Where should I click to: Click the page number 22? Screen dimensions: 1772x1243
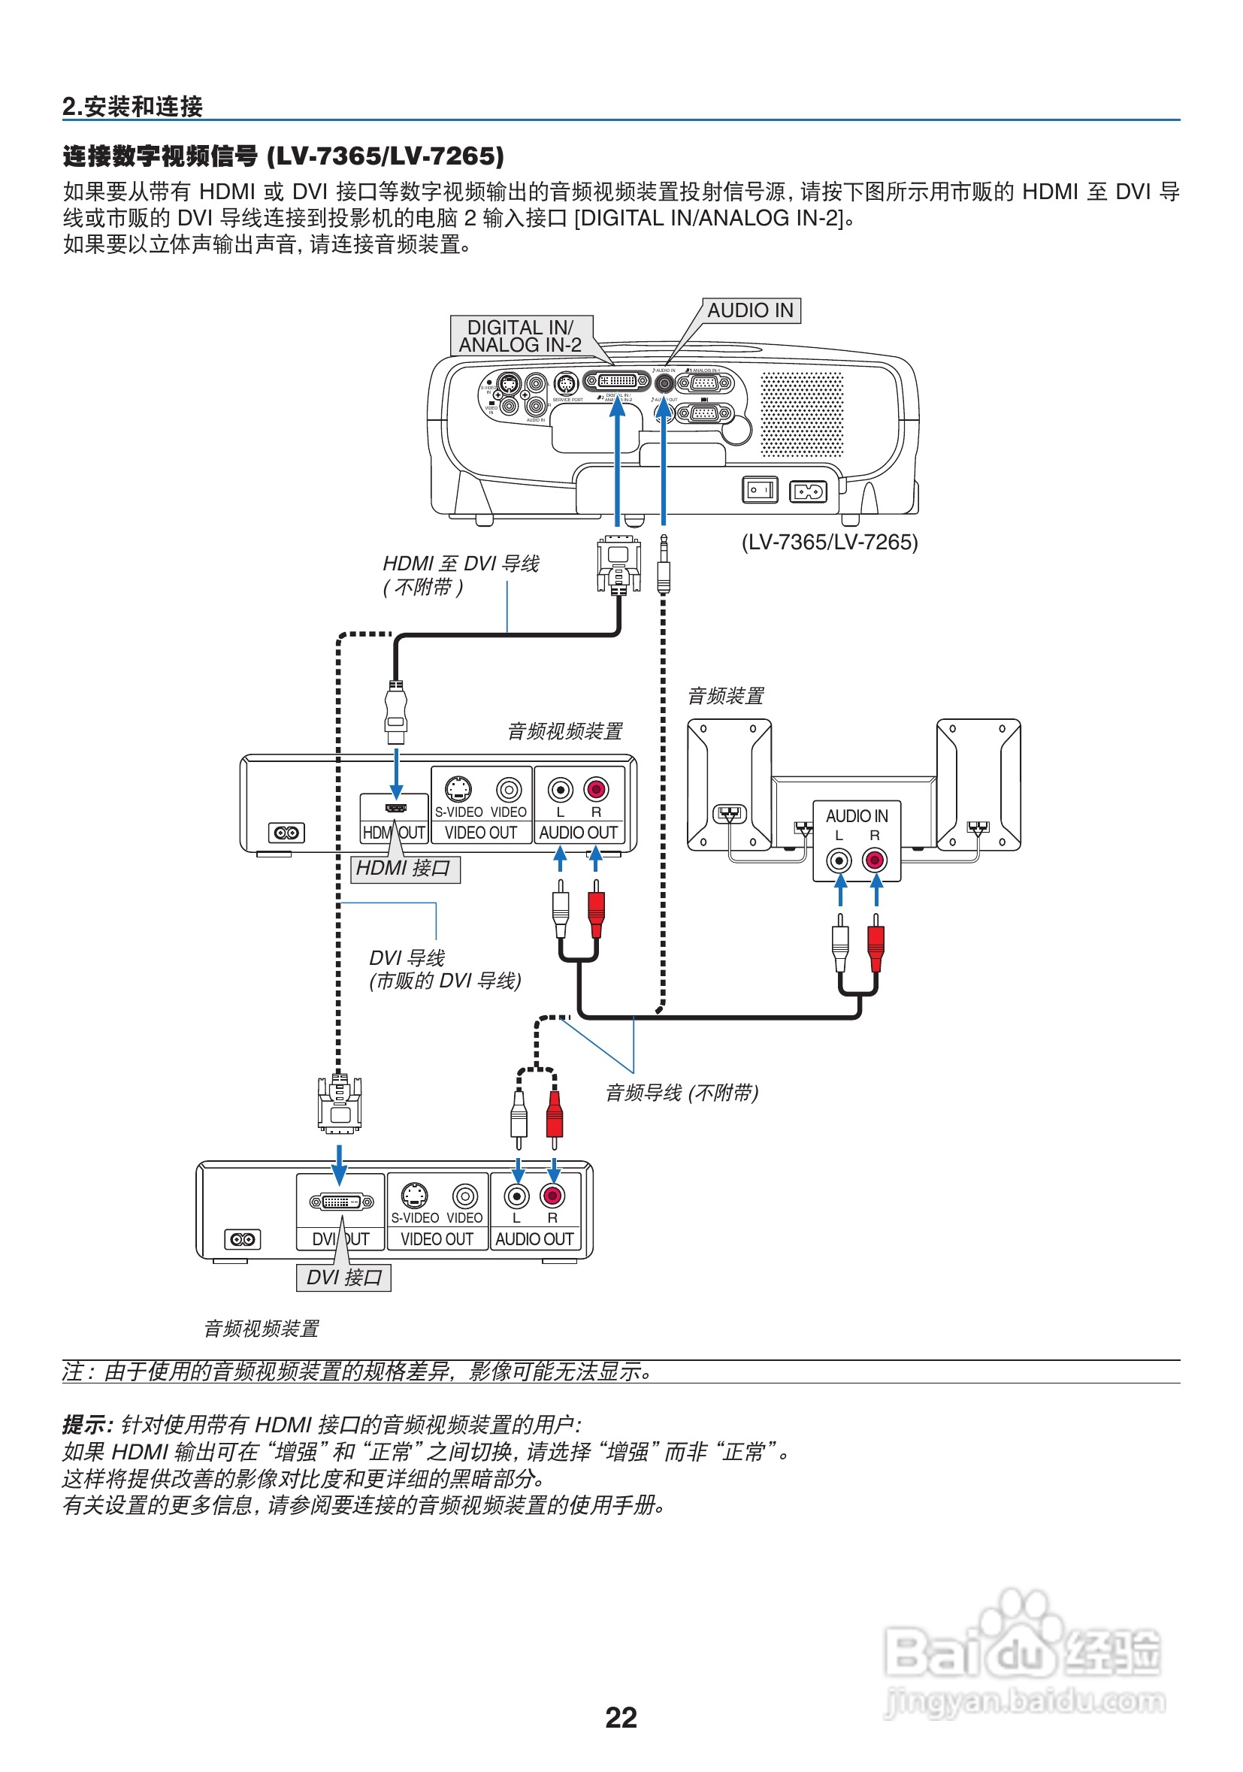[620, 1717]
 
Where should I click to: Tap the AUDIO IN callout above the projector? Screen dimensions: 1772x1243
[750, 310]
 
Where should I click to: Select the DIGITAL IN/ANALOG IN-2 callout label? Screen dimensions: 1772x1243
[521, 336]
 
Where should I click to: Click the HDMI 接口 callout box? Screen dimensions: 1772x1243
[405, 868]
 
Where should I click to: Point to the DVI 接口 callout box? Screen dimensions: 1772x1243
[343, 1278]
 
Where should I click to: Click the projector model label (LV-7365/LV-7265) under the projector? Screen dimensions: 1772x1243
[830, 542]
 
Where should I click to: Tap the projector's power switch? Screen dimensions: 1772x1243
[759, 489]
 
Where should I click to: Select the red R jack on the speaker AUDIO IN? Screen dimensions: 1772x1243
[874, 859]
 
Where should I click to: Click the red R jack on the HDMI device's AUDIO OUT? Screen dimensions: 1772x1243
[596, 789]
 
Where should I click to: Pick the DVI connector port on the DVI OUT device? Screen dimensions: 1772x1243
[341, 1202]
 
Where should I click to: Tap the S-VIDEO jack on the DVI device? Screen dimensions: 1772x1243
[415, 1195]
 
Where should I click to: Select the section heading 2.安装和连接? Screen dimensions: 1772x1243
[133, 107]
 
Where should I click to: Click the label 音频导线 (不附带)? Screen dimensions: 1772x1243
[682, 1093]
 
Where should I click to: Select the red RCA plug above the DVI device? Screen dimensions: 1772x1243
[554, 1115]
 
